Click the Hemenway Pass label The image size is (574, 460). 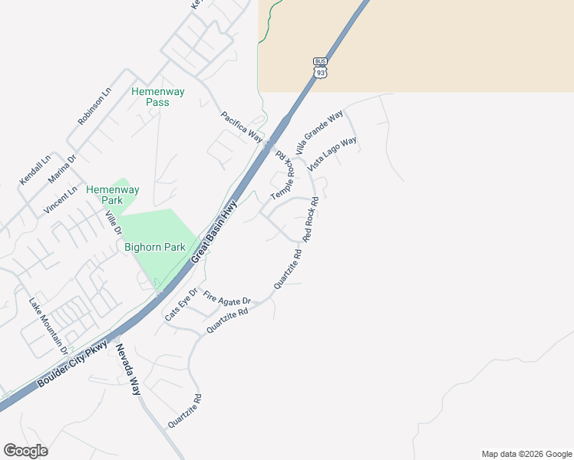click(x=158, y=97)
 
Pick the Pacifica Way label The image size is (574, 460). click(x=241, y=127)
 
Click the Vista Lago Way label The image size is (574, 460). click(x=332, y=154)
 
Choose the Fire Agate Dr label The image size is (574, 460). click(x=227, y=299)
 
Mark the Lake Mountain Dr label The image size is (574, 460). click(x=48, y=326)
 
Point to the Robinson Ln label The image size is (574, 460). click(x=94, y=106)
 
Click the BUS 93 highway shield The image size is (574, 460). click(x=320, y=67)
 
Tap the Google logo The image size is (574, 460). click(x=25, y=451)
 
